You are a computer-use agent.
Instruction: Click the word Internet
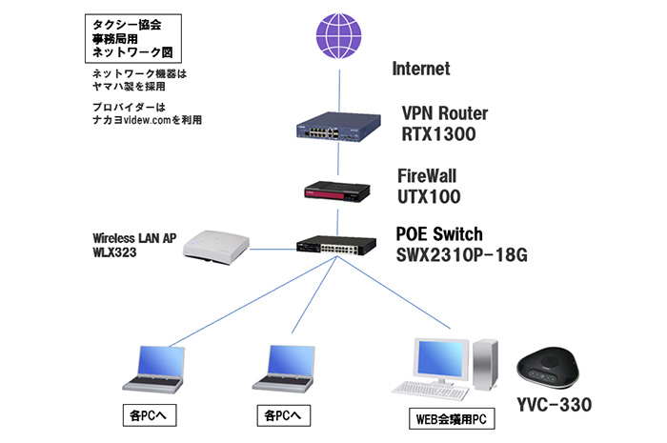pyautogui.click(x=420, y=70)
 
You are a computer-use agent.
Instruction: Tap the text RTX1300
pyautogui.click(x=438, y=134)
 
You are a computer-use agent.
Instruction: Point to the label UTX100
pyautogui.click(x=429, y=197)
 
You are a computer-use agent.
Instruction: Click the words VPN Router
pyautogui.click(x=445, y=114)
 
